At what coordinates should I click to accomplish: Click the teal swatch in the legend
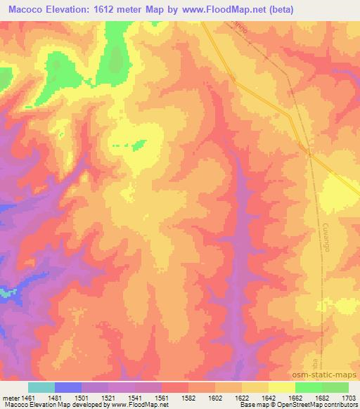41,387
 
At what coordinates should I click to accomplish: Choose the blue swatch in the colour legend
68,387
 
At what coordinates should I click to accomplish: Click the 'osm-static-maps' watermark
330,379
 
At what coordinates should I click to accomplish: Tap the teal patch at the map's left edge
7,292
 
